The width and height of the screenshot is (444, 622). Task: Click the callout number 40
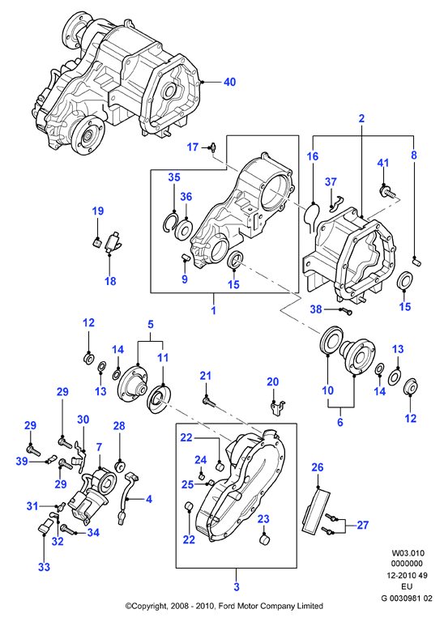click(x=230, y=82)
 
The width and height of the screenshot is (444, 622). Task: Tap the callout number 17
click(x=193, y=147)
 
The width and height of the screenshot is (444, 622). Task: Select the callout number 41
click(x=383, y=163)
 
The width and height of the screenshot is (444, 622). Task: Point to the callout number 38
click(x=316, y=309)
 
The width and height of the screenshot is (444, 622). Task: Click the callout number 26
click(x=318, y=467)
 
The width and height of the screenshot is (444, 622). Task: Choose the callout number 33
click(x=44, y=567)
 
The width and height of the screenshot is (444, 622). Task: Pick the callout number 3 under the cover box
click(x=237, y=586)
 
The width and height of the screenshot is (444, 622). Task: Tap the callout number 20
click(x=272, y=381)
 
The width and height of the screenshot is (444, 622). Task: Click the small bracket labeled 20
click(x=277, y=407)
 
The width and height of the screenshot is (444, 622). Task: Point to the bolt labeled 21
click(x=210, y=403)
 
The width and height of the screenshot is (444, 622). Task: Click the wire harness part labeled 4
click(x=126, y=496)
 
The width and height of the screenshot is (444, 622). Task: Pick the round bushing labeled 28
click(x=119, y=466)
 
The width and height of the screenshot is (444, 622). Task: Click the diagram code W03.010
click(x=408, y=553)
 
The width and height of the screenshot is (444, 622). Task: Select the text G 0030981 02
click(x=407, y=599)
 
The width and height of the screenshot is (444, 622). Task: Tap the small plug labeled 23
click(x=263, y=540)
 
